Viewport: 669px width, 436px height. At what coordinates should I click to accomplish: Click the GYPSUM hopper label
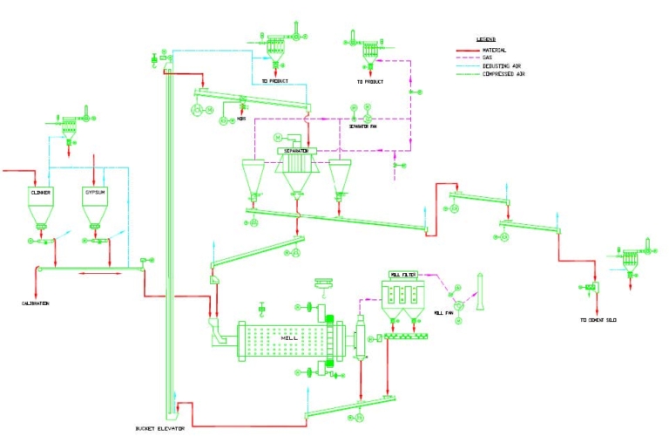(x=94, y=192)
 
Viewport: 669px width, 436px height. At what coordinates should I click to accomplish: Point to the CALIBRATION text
(x=35, y=303)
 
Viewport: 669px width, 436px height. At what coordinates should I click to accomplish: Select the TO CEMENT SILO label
(x=598, y=320)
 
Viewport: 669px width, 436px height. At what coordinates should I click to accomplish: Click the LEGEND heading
(x=486, y=40)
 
